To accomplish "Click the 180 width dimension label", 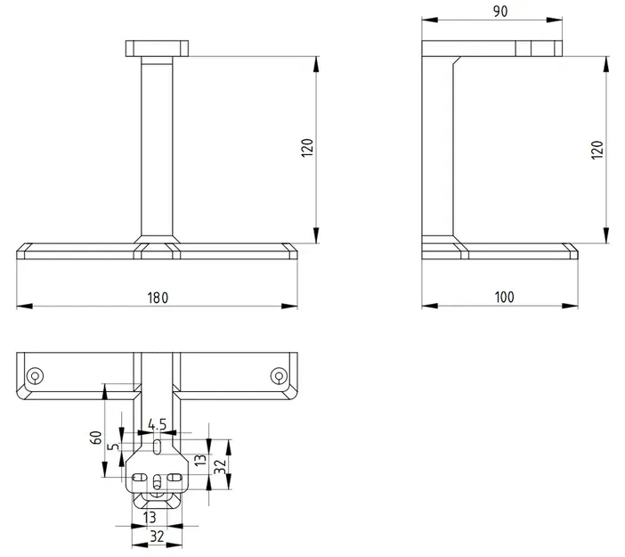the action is click(158, 298).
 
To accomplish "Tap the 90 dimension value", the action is click(500, 12).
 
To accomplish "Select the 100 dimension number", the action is click(504, 298).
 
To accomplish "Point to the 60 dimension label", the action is click(96, 438).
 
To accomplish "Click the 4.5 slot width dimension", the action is click(157, 424).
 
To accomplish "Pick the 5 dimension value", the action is click(114, 446).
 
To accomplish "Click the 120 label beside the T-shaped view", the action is click(307, 148).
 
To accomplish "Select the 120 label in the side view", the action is click(597, 150).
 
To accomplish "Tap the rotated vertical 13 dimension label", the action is click(200, 460).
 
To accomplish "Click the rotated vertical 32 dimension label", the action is click(220, 466).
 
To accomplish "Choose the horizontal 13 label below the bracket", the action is click(150, 518).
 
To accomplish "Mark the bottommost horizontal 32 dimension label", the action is click(157, 537).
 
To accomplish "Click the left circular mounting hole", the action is click(35, 376).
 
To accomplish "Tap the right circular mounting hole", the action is click(279, 376).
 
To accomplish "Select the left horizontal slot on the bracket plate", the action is click(139, 477).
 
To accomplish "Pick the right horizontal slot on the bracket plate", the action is click(175, 477).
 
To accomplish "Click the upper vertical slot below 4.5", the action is click(157, 446).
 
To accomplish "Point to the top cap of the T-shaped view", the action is click(157, 48).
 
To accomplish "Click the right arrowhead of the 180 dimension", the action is click(289, 306).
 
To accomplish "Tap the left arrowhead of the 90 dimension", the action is click(430, 20).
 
